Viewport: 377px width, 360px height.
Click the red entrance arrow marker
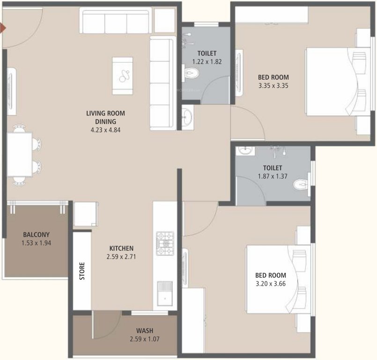point(3,29)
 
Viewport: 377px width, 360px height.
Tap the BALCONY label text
point(36,235)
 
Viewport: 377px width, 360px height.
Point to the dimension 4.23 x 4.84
point(105,130)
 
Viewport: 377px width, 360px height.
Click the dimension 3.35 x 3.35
point(274,86)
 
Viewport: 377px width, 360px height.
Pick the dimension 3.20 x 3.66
point(271,284)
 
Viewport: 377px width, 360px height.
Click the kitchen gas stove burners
point(165,243)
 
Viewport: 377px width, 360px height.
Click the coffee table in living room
point(122,75)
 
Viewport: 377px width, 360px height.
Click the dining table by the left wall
point(19,154)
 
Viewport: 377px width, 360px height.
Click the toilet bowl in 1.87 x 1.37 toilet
point(301,186)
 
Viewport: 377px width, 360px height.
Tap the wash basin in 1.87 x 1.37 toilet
point(244,151)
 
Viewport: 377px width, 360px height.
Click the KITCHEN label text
point(122,248)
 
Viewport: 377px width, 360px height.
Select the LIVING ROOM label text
point(105,113)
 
